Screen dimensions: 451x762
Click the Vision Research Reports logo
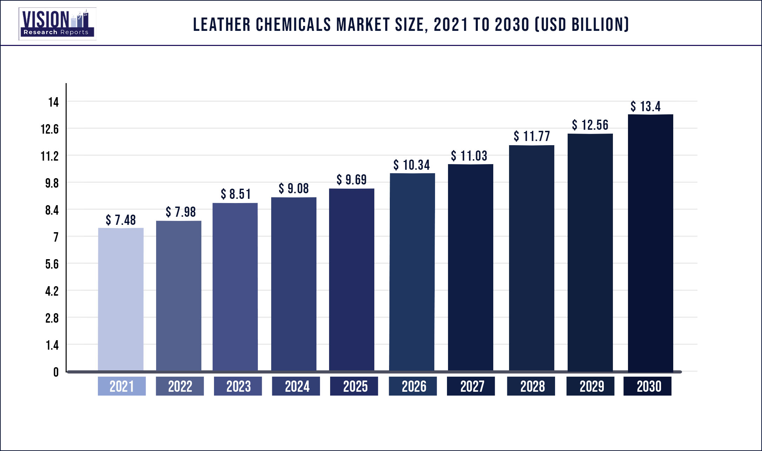58,24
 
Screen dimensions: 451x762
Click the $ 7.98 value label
181,212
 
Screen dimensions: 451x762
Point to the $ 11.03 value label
469,156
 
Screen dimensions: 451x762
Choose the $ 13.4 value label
646,107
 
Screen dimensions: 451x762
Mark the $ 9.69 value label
352,180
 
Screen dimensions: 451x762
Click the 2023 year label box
238,386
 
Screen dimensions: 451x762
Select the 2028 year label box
531,386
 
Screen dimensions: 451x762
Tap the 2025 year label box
354,386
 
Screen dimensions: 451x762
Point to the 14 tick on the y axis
54,102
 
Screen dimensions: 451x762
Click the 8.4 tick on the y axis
52,210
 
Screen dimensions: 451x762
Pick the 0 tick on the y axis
56,372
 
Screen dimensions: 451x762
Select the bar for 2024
294,284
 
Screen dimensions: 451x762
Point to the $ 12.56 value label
590,125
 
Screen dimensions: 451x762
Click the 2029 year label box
590,386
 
